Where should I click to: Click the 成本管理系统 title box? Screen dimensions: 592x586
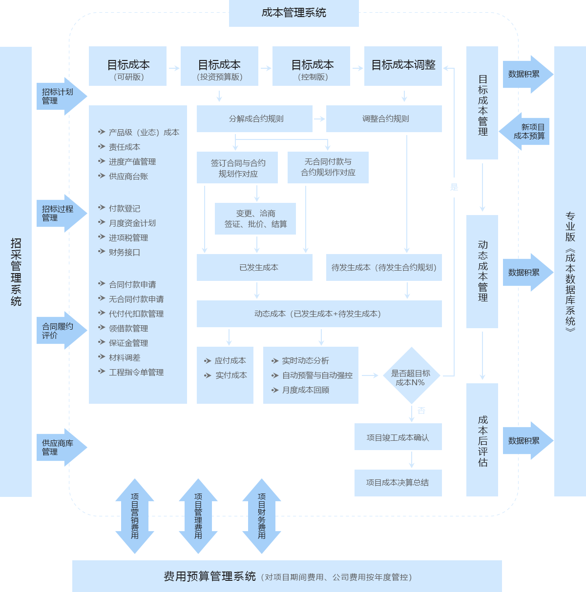click(x=293, y=13)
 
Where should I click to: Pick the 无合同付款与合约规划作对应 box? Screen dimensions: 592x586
click(x=328, y=167)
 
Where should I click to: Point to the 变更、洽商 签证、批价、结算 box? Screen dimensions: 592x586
click(x=255, y=219)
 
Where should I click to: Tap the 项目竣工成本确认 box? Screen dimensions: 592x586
click(x=398, y=437)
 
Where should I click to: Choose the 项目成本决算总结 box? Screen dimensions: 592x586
click(x=398, y=483)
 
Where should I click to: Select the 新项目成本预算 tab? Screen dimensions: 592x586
click(x=527, y=132)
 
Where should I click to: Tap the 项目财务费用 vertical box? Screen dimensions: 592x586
click(x=262, y=516)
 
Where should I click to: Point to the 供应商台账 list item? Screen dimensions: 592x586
click(x=128, y=177)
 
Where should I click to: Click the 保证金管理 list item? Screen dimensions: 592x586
click(x=128, y=343)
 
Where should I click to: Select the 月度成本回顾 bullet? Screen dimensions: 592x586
click(x=306, y=390)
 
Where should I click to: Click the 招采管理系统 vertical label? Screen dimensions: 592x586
click(x=16, y=272)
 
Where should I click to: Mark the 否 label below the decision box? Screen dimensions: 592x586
click(x=421, y=411)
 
